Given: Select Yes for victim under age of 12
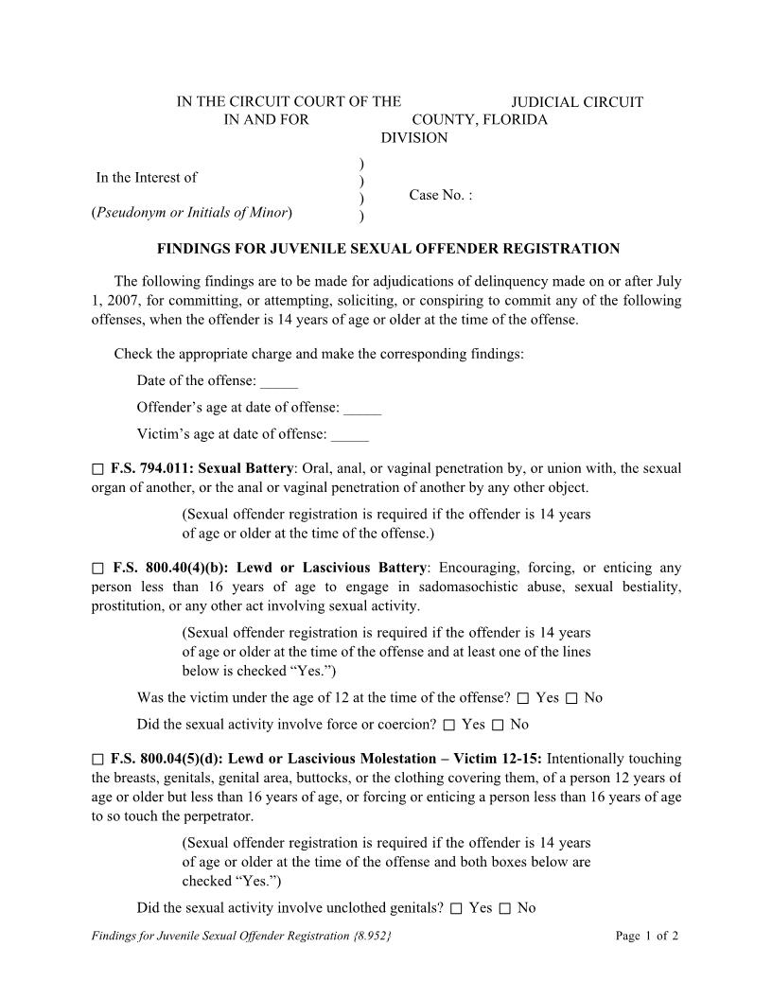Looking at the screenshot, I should click(523, 699).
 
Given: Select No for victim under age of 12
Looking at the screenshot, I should click(571, 699).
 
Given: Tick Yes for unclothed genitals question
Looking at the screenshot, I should click(456, 909).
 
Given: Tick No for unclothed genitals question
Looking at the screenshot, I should click(505, 909).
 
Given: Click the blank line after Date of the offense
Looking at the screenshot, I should click(279, 382).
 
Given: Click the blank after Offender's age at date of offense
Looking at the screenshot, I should click(362, 409).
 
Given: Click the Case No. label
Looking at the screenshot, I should click(440, 195).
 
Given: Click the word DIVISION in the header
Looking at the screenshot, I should click(414, 138).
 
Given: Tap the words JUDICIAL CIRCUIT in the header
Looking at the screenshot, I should click(577, 102).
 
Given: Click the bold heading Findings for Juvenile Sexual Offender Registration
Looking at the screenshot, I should click(388, 249).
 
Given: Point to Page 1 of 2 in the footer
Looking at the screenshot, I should click(647, 937).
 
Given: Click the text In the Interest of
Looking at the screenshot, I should click(147, 178).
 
